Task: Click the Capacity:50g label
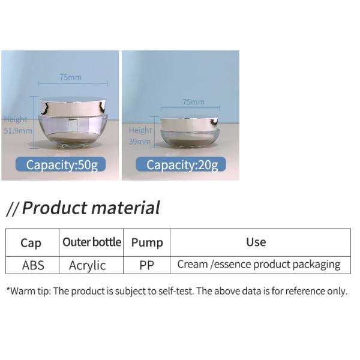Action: [x=61, y=165]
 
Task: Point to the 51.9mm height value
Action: [x=17, y=130]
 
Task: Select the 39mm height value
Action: [x=139, y=142]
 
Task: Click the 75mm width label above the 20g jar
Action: [x=193, y=102]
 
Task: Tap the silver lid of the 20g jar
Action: [x=190, y=124]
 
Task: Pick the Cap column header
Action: [x=31, y=243]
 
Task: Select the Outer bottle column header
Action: [x=92, y=242]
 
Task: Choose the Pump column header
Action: [x=147, y=243]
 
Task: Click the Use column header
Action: [x=256, y=242]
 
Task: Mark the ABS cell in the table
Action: [x=33, y=265]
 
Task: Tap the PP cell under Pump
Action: [x=146, y=265]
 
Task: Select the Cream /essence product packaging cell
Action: [x=259, y=265]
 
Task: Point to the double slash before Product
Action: [x=13, y=209]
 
